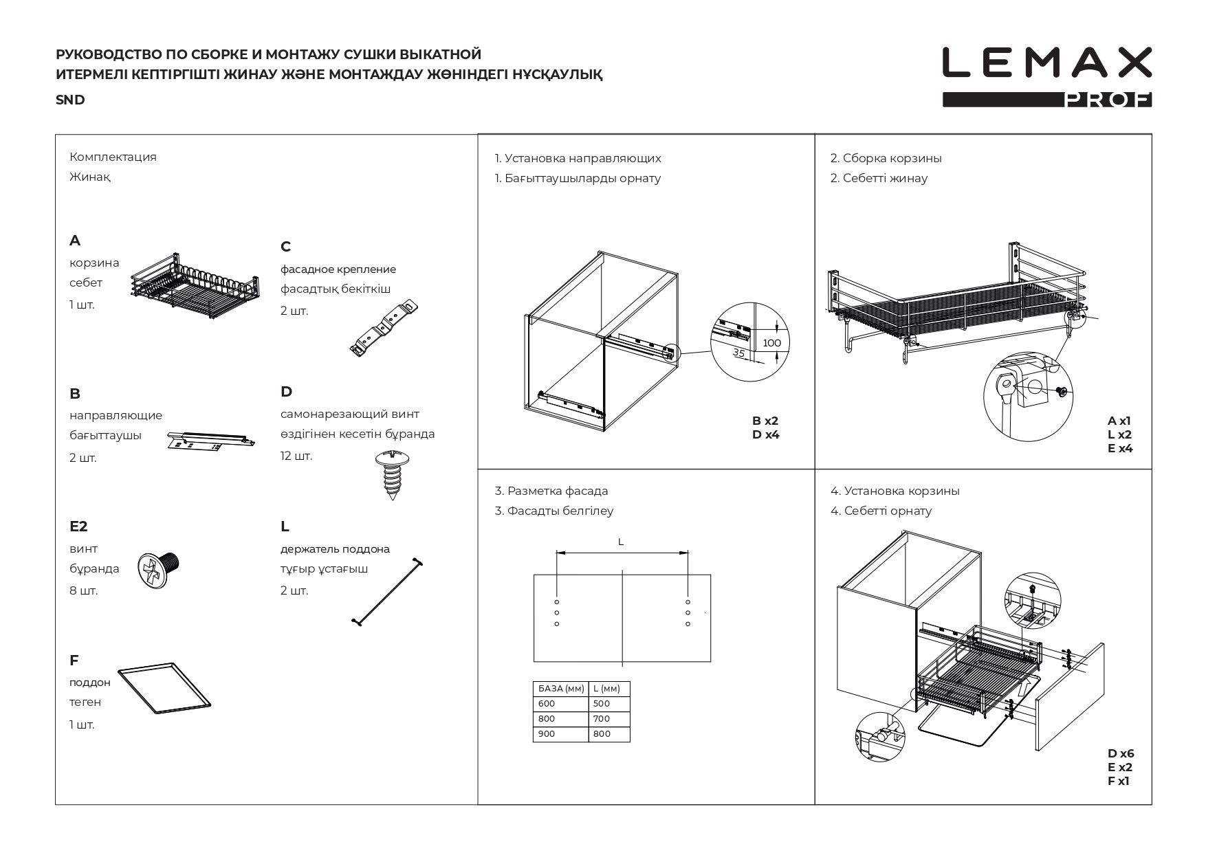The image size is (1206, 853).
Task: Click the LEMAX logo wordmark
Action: coord(1046,63)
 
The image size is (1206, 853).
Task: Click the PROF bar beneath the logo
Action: coord(1046,100)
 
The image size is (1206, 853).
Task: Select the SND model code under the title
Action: coord(70,100)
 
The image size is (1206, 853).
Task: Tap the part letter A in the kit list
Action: coord(75,241)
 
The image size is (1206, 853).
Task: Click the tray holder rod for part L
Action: coord(387,591)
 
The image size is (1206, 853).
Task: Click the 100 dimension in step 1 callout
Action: coord(772,343)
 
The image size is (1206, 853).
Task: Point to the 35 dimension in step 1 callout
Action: coord(739,353)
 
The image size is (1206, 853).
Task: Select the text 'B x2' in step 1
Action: coord(765,421)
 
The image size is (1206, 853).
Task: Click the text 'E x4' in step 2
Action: coord(1120,448)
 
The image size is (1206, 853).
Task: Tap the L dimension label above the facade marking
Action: coord(621,542)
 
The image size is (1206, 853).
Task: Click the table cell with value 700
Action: coord(602,719)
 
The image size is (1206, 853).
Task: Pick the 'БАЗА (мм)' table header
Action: coord(561,688)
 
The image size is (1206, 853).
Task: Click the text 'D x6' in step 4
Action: coord(1121,753)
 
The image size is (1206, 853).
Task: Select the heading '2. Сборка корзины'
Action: coord(886,158)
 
